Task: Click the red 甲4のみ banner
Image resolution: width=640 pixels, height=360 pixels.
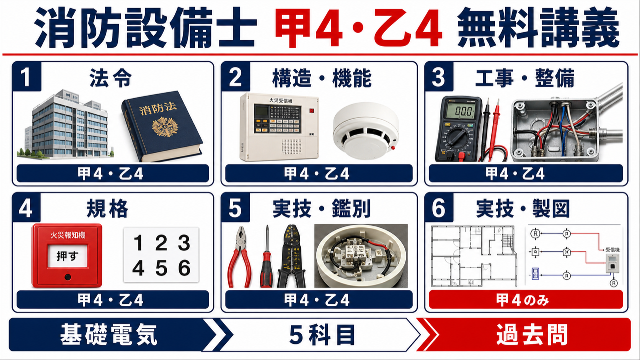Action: [526, 299]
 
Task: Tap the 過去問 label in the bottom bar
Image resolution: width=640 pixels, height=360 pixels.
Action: [532, 335]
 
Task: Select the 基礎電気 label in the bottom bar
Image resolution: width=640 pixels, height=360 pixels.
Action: [109, 335]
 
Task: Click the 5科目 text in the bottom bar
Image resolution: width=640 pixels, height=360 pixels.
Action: [322, 335]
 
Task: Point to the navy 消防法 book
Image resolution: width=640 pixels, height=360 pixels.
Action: [162, 126]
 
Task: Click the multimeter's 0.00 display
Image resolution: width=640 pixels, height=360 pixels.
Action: [461, 111]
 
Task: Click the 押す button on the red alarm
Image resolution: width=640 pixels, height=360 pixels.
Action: [67, 256]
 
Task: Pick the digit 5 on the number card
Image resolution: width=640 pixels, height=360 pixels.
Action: [161, 268]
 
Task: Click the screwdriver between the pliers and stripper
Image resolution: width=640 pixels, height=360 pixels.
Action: [267, 256]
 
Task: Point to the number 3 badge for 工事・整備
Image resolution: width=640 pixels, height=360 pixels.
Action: [439, 77]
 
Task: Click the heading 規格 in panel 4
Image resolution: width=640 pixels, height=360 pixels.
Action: [107, 209]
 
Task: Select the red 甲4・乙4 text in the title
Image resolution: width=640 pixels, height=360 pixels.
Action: [359, 27]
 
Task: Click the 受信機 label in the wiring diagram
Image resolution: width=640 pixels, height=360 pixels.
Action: [613, 249]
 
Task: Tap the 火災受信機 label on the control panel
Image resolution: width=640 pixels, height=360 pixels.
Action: [281, 101]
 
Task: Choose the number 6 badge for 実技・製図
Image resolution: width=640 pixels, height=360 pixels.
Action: [439, 208]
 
